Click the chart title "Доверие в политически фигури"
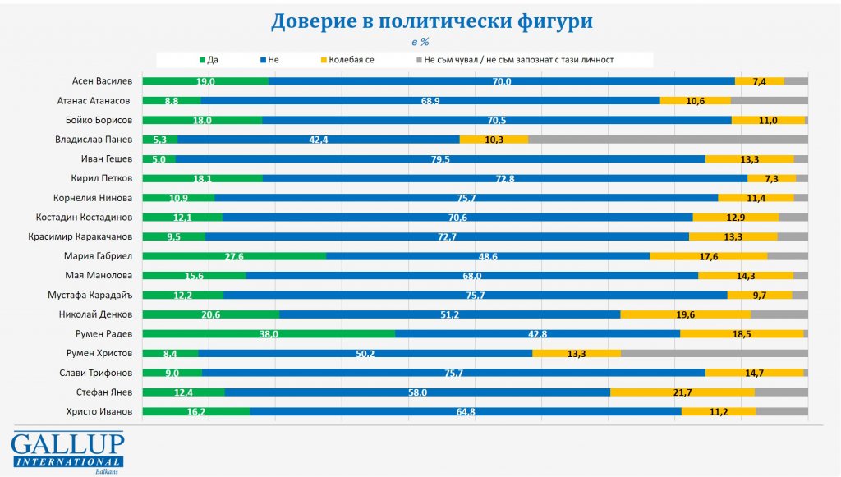(432, 21)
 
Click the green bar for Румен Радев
(269, 333)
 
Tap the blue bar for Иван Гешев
(440, 158)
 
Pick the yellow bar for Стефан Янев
(682, 392)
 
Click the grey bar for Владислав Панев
(668, 140)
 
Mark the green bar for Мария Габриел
(234, 255)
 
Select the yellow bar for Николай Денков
(685, 314)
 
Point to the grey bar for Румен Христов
(714, 353)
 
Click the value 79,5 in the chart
(440, 158)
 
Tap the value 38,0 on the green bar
(269, 333)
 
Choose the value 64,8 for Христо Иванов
(466, 411)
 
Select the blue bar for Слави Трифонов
(453, 373)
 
